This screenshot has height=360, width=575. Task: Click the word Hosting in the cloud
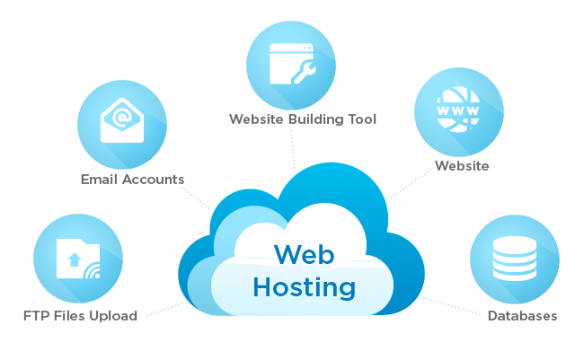click(304, 287)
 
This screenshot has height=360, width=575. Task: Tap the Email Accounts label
click(132, 179)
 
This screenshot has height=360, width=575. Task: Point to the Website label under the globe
click(461, 165)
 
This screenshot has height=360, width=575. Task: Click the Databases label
click(522, 316)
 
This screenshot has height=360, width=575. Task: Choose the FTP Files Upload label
click(80, 316)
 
